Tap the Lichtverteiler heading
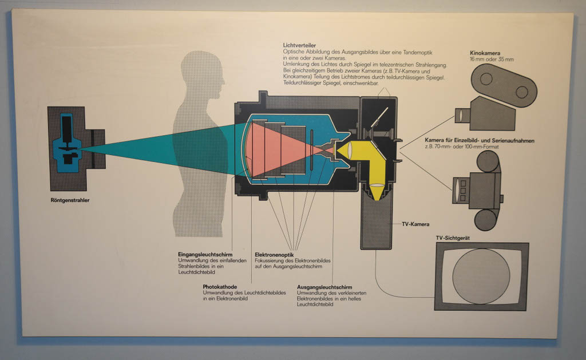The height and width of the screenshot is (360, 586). coord(300,45)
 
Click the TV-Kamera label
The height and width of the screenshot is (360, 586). coord(415,224)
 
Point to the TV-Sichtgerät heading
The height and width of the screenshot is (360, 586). coord(453,237)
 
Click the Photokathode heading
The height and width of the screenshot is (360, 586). coord(219,287)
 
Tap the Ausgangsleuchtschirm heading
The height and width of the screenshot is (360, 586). coord(324,287)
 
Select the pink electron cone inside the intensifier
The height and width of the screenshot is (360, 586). coord(280,151)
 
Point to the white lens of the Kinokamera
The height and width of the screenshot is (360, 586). coord(460,116)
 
